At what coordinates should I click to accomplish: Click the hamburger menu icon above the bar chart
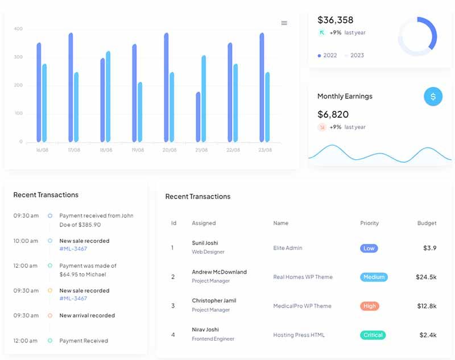(x=284, y=23)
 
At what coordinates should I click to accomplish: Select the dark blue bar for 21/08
(x=198, y=117)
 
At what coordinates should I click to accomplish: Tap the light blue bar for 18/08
(x=108, y=96)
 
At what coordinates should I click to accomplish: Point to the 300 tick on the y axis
(x=18, y=57)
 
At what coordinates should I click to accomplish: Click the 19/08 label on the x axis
(x=138, y=150)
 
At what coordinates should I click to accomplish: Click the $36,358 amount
(x=336, y=20)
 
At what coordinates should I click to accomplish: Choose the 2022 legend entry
(x=328, y=55)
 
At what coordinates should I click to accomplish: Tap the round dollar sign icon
(x=433, y=96)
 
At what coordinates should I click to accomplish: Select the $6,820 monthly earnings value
(x=333, y=114)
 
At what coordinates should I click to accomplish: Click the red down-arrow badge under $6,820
(x=322, y=127)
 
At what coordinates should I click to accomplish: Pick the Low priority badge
(x=369, y=249)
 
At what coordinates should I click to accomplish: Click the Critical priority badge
(x=373, y=335)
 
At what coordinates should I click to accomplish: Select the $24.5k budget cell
(x=426, y=277)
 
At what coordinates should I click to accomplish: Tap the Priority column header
(x=369, y=223)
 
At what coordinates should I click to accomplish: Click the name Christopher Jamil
(x=214, y=300)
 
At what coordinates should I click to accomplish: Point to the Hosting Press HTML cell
(x=299, y=335)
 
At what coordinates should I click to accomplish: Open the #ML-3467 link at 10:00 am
(x=73, y=249)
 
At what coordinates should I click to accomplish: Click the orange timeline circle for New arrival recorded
(x=50, y=315)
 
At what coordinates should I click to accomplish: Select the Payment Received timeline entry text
(x=84, y=341)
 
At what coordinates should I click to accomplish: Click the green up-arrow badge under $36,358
(x=322, y=32)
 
